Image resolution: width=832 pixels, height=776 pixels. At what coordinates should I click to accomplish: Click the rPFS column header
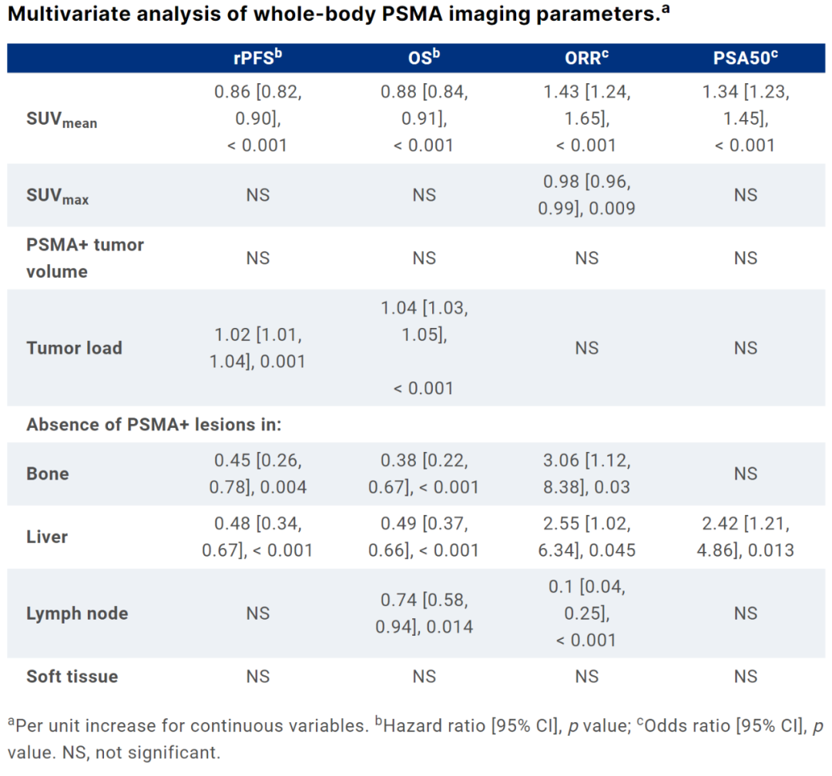click(x=258, y=59)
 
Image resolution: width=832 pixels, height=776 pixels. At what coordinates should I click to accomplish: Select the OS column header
click(x=424, y=59)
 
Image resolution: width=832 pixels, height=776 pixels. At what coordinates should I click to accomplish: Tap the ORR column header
click(x=586, y=59)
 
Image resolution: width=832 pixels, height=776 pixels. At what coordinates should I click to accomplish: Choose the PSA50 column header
click(x=745, y=59)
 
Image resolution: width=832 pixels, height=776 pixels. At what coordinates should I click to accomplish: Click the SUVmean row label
click(x=62, y=120)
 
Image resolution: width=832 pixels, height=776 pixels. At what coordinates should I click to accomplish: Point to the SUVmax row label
click(x=57, y=196)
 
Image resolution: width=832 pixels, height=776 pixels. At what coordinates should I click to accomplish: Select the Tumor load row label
click(x=74, y=348)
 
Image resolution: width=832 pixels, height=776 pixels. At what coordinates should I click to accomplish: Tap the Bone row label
click(x=48, y=473)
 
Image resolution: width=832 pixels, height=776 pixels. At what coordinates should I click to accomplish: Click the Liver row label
click(x=48, y=537)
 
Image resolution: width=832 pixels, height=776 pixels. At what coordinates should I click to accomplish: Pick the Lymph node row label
click(x=77, y=614)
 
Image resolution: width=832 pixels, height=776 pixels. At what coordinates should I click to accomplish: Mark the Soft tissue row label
click(x=72, y=677)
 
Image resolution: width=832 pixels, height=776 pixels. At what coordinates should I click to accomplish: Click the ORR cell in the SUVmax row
click(x=586, y=196)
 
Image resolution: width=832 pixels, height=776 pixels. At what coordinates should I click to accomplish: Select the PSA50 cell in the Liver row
click(x=745, y=537)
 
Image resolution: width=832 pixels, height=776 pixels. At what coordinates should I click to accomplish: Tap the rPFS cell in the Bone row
click(x=258, y=473)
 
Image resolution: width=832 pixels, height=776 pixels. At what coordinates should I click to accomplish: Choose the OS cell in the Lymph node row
click(x=424, y=614)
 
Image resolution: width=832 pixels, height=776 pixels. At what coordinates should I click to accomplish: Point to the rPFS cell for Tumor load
click(x=258, y=348)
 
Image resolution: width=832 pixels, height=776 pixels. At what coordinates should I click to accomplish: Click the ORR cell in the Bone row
click(x=586, y=473)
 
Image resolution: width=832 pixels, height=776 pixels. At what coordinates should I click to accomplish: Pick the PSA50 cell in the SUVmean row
click(x=745, y=119)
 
